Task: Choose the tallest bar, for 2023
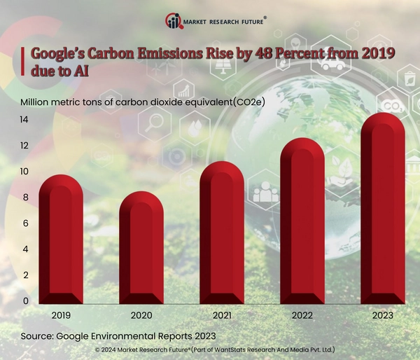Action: tap(381, 210)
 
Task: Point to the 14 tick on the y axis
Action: tap(24, 120)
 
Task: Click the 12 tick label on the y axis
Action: tap(24, 146)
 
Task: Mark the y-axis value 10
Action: tap(24, 172)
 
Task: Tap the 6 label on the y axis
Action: tap(24, 223)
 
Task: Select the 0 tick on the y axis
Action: tap(24, 301)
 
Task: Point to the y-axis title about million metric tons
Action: tap(147, 102)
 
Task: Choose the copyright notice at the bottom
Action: tap(216, 349)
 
